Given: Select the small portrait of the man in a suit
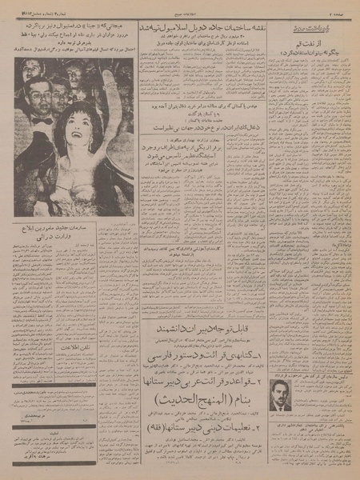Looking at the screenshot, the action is [x=280, y=394].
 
